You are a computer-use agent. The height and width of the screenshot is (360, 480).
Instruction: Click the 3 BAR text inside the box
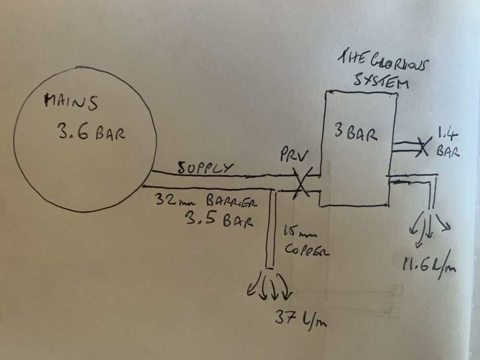[355, 134]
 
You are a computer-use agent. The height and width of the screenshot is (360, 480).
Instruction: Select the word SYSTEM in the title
[380, 81]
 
